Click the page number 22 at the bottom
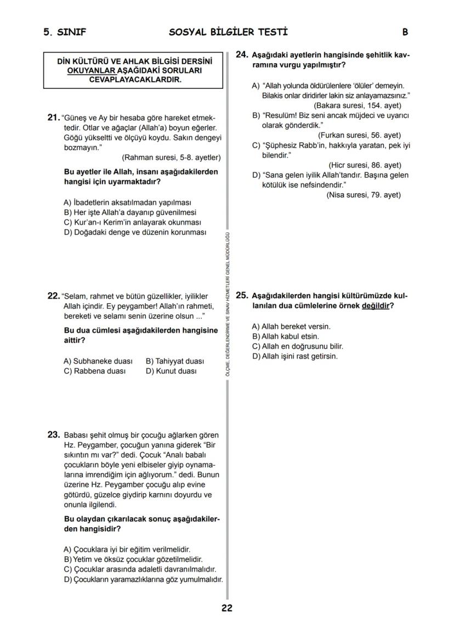(227, 608)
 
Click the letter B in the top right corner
(405, 32)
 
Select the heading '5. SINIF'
(65, 32)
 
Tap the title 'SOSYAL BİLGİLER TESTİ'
(228, 32)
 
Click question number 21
(53, 118)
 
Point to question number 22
(53, 296)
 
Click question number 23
(54, 435)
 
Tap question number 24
(242, 55)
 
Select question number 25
(242, 295)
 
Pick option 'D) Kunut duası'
(171, 371)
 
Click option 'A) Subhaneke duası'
(98, 361)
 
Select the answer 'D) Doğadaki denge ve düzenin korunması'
(135, 232)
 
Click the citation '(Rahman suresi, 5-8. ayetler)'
(171, 158)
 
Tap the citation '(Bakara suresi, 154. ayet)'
(357, 105)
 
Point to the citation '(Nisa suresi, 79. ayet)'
(363, 195)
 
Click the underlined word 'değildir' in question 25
(376, 305)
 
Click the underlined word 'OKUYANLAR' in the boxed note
(91, 71)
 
